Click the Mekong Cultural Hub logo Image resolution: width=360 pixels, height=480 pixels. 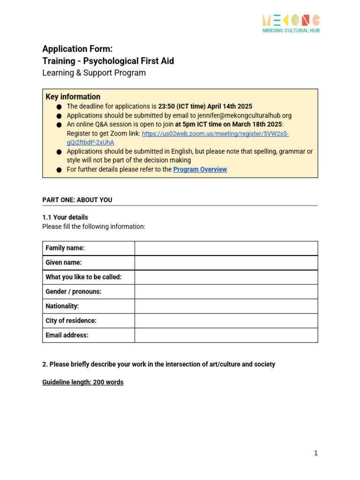point(291,23)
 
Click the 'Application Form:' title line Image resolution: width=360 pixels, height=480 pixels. point(77,49)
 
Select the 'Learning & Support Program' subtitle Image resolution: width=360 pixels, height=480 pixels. point(94,73)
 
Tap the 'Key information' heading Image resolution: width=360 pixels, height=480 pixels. point(73,97)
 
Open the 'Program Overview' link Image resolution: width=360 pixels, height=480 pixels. point(200,169)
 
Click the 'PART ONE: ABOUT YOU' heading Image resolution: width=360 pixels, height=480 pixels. point(77,200)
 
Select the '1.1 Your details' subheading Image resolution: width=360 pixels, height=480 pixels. point(65,217)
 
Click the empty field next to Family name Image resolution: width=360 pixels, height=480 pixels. point(226,248)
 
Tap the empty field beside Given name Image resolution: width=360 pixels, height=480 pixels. point(226,262)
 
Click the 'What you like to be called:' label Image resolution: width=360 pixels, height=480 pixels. point(83,277)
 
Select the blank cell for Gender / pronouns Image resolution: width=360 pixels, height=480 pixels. point(226,292)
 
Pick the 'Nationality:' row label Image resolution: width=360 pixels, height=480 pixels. point(62,306)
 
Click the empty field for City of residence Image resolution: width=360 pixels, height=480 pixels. point(226,321)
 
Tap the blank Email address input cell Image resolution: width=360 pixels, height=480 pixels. point(226,335)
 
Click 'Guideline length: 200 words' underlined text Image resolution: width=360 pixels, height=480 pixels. point(83,382)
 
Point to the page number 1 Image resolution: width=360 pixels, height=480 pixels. point(316,453)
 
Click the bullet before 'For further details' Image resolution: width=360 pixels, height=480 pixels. point(59,170)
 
